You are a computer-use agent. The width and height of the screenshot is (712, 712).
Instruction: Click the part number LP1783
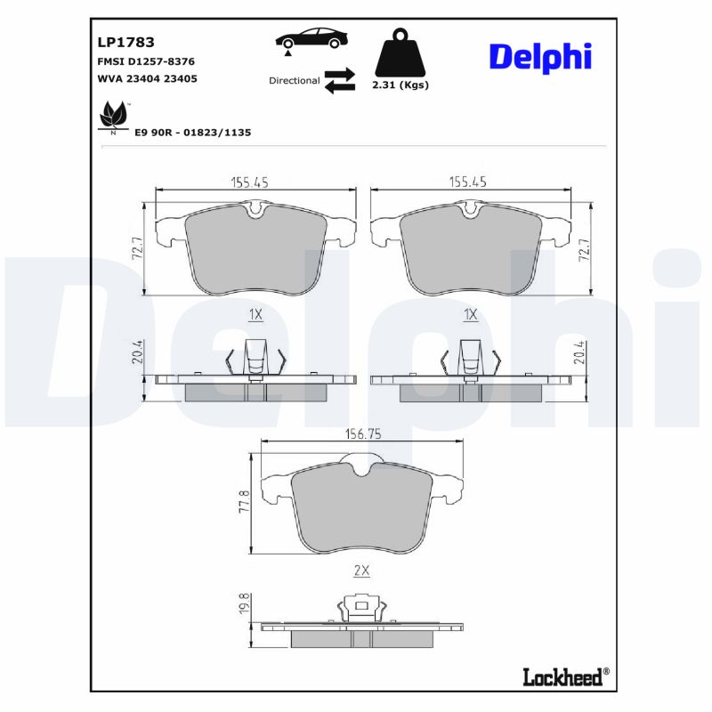click(125, 42)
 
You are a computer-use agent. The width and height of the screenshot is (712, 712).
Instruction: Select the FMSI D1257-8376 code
click(145, 61)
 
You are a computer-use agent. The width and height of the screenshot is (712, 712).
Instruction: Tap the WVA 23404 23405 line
click(146, 78)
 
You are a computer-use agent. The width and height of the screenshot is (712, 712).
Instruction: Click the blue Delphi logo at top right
click(539, 56)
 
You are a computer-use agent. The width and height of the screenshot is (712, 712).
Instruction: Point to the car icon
click(311, 40)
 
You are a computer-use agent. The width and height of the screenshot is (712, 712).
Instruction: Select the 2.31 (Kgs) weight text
click(400, 85)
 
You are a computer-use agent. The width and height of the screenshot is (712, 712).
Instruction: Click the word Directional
click(294, 80)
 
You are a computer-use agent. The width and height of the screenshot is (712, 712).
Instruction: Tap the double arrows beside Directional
click(339, 80)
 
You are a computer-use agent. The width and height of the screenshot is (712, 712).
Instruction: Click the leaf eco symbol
click(112, 116)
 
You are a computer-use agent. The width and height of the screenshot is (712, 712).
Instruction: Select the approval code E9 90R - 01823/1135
click(192, 132)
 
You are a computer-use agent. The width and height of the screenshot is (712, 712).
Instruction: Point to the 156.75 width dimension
click(362, 434)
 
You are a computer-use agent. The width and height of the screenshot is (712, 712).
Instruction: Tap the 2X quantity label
click(361, 571)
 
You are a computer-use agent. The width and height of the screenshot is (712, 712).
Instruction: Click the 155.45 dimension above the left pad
click(250, 182)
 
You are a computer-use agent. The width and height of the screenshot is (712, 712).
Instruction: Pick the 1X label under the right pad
click(471, 315)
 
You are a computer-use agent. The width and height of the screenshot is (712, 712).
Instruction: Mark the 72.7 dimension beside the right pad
click(584, 249)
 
